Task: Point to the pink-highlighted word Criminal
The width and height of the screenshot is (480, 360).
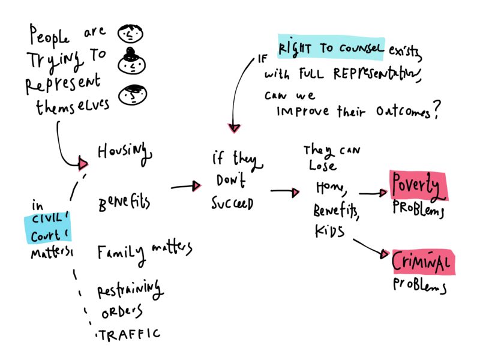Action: pos(421,262)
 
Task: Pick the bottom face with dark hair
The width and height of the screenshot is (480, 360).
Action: pos(131,94)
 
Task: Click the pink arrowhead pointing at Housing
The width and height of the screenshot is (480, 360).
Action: pos(83,163)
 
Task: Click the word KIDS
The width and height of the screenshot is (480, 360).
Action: pos(329,232)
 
